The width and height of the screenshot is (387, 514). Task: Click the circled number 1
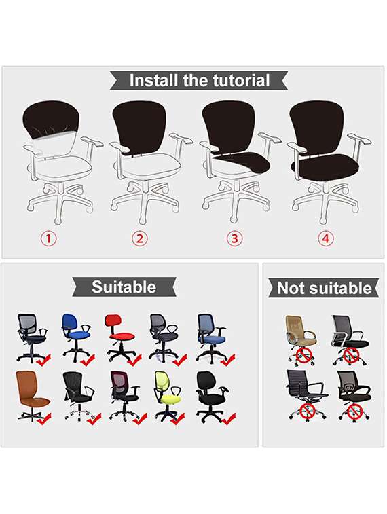[x=48, y=238]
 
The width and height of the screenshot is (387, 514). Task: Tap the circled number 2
[x=140, y=238]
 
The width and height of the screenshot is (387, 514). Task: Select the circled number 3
[x=234, y=238]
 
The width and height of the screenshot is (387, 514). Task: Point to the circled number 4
[x=326, y=238]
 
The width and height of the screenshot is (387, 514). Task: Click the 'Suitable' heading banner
[x=124, y=287]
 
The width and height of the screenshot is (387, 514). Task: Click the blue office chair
[x=76, y=337]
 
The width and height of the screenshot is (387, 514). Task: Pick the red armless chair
[x=119, y=337]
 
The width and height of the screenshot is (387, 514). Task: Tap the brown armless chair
[x=32, y=395]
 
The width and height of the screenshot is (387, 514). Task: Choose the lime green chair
[x=167, y=396]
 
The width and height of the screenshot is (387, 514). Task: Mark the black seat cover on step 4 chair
[x=325, y=166]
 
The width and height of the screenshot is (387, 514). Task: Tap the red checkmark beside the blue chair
[x=88, y=360]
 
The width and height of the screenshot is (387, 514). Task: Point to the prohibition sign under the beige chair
[x=304, y=355]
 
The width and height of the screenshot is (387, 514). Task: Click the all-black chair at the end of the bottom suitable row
[x=212, y=396]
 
